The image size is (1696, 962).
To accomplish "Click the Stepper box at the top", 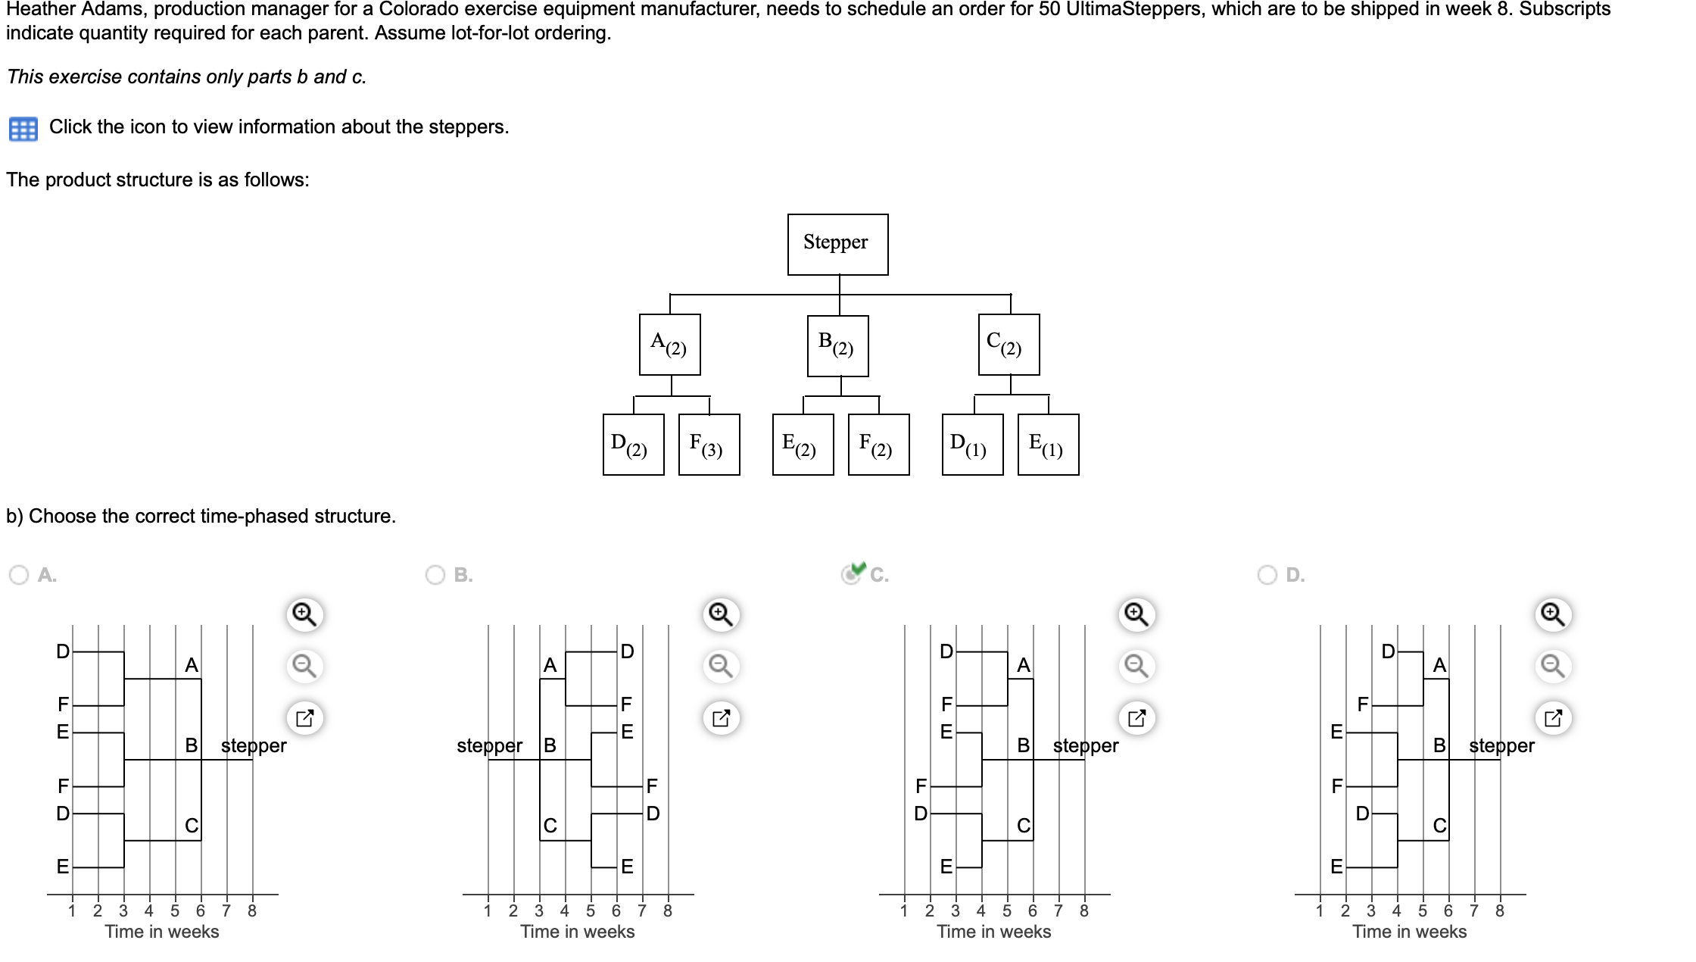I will pyautogui.click(x=837, y=244).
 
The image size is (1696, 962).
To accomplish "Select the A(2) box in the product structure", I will pyautogui.click(x=669, y=345).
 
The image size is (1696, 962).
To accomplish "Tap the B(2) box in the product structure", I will pyautogui.click(x=837, y=345).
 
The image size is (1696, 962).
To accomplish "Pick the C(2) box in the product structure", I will pyautogui.click(x=1009, y=345).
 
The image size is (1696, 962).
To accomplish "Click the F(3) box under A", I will pyautogui.click(x=709, y=445).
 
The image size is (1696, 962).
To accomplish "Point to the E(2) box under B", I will pyautogui.click(x=803, y=445).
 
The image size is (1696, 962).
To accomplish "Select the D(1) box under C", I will pyautogui.click(x=972, y=445).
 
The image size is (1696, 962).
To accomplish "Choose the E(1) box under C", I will pyautogui.click(x=1048, y=445).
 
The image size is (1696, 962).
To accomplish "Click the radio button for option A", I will pyautogui.click(x=19, y=575).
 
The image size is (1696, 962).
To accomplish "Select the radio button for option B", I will pyautogui.click(x=435, y=575).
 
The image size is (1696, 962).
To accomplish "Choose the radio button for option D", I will pyautogui.click(x=1267, y=575).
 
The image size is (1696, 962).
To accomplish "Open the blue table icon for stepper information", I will pyautogui.click(x=23, y=129).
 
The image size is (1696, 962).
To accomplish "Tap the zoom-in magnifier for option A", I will pyautogui.click(x=304, y=614).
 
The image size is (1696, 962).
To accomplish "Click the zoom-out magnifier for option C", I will pyautogui.click(x=1136, y=666).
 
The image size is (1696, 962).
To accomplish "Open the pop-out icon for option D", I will pyautogui.click(x=1553, y=717).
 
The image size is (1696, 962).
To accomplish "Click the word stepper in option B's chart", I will pyautogui.click(x=489, y=745).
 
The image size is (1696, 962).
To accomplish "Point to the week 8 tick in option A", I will pyautogui.click(x=252, y=910).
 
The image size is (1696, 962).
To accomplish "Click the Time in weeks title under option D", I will pyautogui.click(x=1409, y=932).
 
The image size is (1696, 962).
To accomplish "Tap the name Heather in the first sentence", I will pyautogui.click(x=36, y=10).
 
